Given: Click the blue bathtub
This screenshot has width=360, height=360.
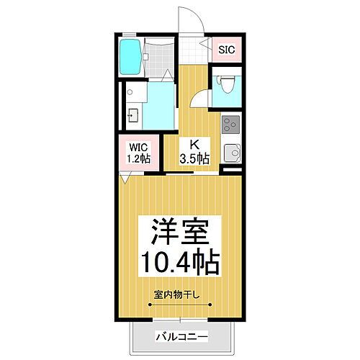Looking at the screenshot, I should click(x=130, y=58).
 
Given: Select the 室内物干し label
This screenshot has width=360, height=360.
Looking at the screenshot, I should click(x=179, y=294).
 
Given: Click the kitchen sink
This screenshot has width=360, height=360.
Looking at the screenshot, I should click(x=231, y=153).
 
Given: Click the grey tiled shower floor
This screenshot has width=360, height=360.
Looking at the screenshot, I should click(x=158, y=58).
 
